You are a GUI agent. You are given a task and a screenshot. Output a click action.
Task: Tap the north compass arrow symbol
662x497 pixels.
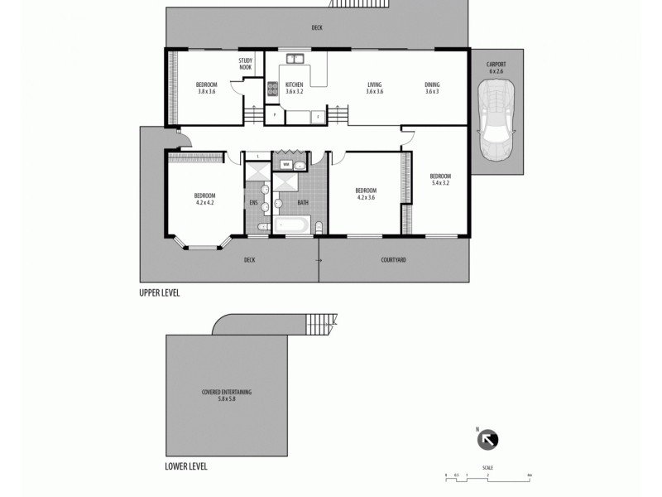click(x=488, y=440)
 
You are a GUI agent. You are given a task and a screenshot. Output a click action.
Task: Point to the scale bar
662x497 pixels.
click(x=487, y=475)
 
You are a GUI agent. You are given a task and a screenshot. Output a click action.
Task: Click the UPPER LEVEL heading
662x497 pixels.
click(x=160, y=293)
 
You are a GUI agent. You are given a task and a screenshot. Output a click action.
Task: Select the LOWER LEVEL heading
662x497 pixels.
click(x=186, y=466)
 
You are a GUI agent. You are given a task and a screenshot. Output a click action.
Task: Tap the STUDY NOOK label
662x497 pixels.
click(x=246, y=64)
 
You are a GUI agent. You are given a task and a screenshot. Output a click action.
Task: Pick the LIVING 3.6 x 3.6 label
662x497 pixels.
click(x=374, y=88)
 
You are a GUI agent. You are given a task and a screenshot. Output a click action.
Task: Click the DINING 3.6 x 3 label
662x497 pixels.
click(x=432, y=88)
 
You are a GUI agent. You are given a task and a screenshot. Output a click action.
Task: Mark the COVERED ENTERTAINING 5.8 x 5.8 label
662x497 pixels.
click(x=226, y=394)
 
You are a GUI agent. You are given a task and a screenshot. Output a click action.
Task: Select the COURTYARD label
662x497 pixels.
click(x=393, y=260)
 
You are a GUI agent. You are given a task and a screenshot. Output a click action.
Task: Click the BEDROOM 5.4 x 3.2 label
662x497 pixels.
click(x=440, y=180)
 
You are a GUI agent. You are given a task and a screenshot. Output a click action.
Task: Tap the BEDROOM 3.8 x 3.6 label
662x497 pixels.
click(x=206, y=88)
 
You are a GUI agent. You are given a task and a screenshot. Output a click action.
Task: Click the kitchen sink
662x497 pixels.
click(x=295, y=59)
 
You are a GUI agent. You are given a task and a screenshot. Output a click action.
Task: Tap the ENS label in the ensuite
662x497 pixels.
click(x=254, y=202)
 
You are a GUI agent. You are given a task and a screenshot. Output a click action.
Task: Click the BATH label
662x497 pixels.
click(x=303, y=202)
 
